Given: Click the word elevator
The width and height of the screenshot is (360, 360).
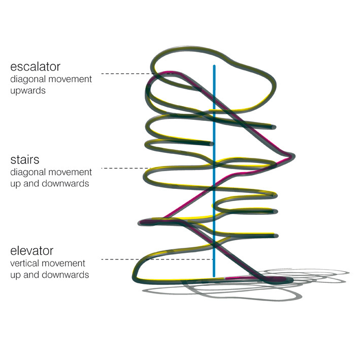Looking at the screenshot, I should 31,251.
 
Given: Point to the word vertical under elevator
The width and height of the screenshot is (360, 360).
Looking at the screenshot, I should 24,264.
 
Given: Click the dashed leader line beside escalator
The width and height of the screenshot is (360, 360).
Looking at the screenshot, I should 127,74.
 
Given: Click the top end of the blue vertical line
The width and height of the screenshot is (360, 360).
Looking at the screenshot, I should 214,66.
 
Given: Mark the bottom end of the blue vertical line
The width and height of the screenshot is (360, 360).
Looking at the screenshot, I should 214,276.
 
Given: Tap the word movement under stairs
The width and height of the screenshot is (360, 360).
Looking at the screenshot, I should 69,173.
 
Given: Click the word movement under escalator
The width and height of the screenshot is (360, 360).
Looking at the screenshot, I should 69,80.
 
